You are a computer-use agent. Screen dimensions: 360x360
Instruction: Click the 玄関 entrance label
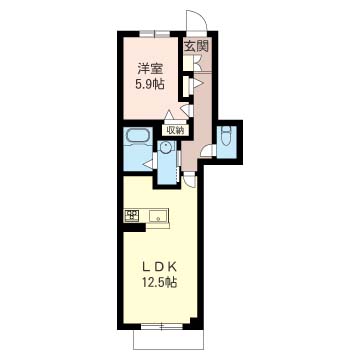197,47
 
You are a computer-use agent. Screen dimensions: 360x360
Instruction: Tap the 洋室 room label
150,69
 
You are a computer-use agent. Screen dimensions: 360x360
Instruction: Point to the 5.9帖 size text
150,84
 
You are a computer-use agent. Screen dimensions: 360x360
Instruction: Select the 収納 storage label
176,130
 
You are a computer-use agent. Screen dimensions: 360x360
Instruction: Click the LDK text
159,266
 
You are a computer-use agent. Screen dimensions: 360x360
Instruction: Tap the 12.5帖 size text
160,283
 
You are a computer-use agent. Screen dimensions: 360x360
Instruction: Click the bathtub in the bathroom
138,137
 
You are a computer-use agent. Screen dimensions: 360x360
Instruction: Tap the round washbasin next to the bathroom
165,147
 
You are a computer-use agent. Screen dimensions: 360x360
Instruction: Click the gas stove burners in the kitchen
132,215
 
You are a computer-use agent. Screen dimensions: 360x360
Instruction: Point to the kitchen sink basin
158,216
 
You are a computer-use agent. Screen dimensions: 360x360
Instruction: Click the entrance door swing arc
196,21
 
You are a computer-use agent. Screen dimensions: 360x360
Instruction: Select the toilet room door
207,151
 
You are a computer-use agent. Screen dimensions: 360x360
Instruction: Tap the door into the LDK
190,181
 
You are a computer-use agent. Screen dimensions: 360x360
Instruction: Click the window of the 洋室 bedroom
154,33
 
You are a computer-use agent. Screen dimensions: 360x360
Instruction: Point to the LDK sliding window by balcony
161,326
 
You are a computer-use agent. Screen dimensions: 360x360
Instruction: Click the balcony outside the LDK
168,339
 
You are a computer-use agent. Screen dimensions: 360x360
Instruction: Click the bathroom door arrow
148,164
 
